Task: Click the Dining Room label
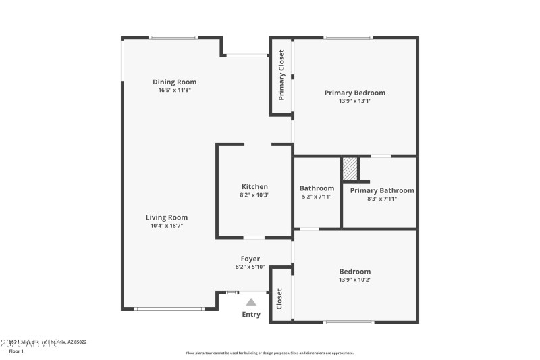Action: pyautogui.click(x=174, y=82)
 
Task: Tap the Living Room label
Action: pyautogui.click(x=167, y=217)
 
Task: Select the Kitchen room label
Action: pyautogui.click(x=254, y=187)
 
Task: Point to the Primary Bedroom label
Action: pyautogui.click(x=355, y=93)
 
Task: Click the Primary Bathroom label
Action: pyautogui.click(x=382, y=190)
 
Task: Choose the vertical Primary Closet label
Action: pyautogui.click(x=281, y=74)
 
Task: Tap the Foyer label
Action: pyautogui.click(x=250, y=259)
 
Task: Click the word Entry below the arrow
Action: pyautogui.click(x=251, y=314)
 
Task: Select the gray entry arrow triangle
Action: pyautogui.click(x=251, y=303)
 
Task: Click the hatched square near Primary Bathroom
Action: pyautogui.click(x=349, y=169)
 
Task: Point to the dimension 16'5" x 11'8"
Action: pyautogui.click(x=174, y=91)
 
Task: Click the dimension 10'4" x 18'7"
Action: pyautogui.click(x=167, y=226)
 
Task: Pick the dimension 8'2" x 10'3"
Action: pyautogui.click(x=254, y=195)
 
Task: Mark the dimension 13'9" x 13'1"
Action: pyautogui.click(x=355, y=101)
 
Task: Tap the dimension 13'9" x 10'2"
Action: pyautogui.click(x=355, y=280)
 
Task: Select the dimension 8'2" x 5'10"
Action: pyautogui.click(x=250, y=267)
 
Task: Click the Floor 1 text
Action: pyautogui.click(x=16, y=351)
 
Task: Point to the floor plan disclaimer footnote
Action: pyautogui.click(x=269, y=353)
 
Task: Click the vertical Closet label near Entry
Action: pyautogui.click(x=279, y=299)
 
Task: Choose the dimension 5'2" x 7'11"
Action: pyautogui.click(x=317, y=198)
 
